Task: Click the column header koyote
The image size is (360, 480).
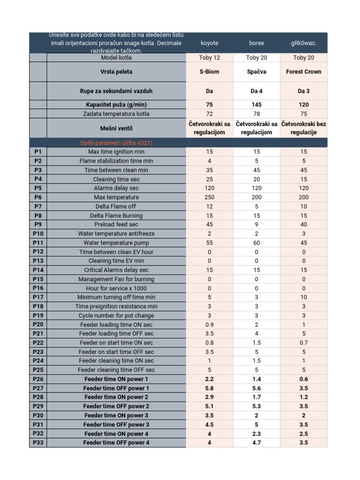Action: [210, 43]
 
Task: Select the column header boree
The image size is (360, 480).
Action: [256, 43]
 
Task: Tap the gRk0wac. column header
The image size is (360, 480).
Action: [304, 43]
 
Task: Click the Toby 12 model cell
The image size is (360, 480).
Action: [210, 58]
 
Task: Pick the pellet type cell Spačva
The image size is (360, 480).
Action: [256, 72]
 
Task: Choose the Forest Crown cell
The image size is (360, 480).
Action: [304, 72]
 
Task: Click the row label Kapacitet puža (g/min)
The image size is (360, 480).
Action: [116, 105]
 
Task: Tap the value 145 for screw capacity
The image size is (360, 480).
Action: [256, 105]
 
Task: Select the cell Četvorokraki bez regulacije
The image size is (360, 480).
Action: [304, 128]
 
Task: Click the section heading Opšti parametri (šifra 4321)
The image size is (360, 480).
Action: [116, 142]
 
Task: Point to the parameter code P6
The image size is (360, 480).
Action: [38, 197]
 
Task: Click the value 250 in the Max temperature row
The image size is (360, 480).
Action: [210, 197]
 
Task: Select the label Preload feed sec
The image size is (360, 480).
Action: [116, 225]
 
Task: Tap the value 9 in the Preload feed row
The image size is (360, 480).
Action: [256, 225]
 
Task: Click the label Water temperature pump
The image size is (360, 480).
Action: [116, 243]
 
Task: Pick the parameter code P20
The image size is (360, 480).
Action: [38, 324]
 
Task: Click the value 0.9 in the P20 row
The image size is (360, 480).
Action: [210, 324]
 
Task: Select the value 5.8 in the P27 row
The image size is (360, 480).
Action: [210, 388]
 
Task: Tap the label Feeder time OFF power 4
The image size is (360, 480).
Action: [116, 442]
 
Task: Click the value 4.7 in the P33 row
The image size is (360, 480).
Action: [256, 442]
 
